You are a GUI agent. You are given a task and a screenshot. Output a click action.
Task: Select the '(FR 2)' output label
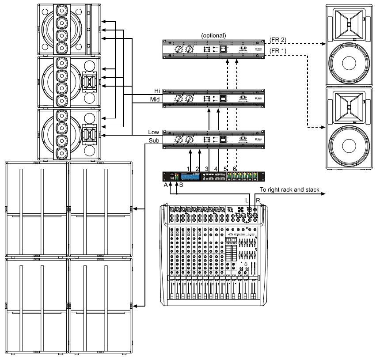coord(278,40)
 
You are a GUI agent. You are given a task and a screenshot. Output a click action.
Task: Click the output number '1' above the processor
coord(188,169)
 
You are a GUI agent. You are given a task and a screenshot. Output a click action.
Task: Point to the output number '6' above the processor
coord(235,169)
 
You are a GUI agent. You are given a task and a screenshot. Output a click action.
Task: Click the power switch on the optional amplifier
coord(224,49)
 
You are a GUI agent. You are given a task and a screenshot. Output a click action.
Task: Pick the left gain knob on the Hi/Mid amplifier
coord(179,99)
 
